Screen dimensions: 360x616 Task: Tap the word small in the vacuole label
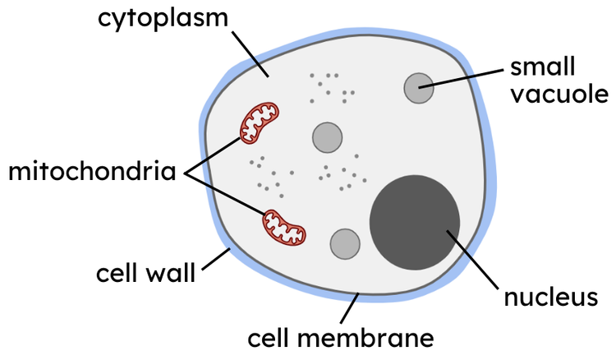pyautogui.click(x=543, y=66)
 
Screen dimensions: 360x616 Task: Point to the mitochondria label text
pyautogui.click(x=92, y=173)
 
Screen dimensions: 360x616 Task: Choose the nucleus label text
pyautogui.click(x=549, y=297)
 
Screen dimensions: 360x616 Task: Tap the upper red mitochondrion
pyautogui.click(x=260, y=122)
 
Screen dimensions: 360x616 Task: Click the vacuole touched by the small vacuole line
pyautogui.click(x=418, y=88)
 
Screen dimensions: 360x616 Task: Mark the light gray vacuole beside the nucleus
pyautogui.click(x=345, y=242)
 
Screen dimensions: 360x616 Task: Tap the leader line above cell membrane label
pyautogui.click(x=350, y=308)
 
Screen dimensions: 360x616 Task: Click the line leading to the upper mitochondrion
pyautogui.click(x=215, y=155)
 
